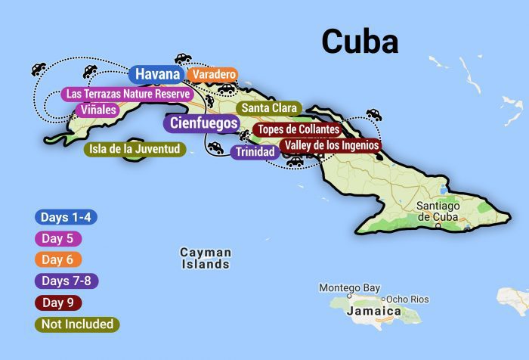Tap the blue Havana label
pos(157,74)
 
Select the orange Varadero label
pos(212,75)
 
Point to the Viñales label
pos(97,110)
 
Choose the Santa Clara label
pos(268,108)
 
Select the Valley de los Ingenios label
pos(330,145)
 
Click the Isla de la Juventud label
pos(134,149)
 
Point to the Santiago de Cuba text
pos(438,211)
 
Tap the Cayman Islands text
pos(206,258)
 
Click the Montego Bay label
pos(349,288)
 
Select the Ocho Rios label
pos(407,299)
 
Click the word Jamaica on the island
pos(373,311)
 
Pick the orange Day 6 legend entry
pos(57,259)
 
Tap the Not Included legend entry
pos(78,324)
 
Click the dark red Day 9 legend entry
pos(57,303)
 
